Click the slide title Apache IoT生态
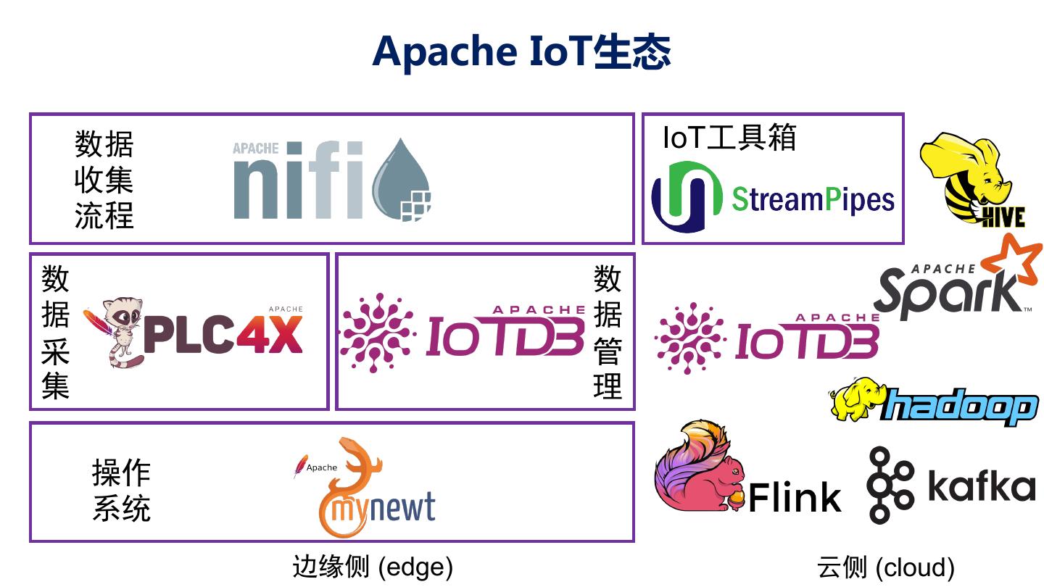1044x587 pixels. (x=521, y=51)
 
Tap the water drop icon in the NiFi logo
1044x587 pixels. (x=401, y=180)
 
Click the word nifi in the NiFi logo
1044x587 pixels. (x=298, y=182)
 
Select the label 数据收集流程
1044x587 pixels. (x=104, y=180)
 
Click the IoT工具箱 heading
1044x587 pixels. (x=729, y=138)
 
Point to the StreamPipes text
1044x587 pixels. (x=813, y=199)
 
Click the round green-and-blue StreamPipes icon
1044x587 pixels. (x=687, y=197)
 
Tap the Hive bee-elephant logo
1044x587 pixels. (x=971, y=179)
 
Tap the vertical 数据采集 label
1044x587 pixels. (x=55, y=332)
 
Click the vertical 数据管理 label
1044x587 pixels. (x=608, y=332)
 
